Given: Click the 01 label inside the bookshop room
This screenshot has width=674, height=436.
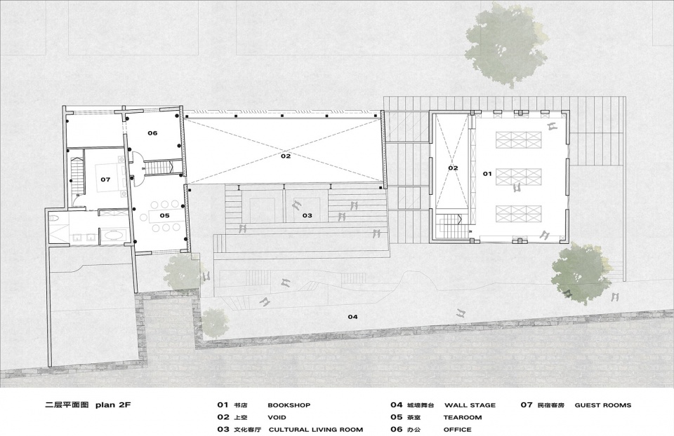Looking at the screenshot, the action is pos(487,174).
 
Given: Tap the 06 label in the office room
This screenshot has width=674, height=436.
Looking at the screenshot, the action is pos(152,133).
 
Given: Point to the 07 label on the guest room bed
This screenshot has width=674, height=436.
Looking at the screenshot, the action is pos(105,179).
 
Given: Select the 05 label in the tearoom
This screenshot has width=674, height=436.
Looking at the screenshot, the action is pos(164,215).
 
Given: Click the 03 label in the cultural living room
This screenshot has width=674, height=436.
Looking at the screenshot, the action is pos(307,215).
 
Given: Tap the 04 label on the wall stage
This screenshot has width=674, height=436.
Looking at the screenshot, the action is pos(352,317).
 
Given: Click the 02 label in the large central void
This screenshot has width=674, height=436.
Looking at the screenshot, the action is pos(286,156).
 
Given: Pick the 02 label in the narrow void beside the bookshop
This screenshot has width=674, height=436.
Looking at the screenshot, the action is pos(453,168).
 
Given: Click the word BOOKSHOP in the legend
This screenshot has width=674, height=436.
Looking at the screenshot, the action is pos(289,404).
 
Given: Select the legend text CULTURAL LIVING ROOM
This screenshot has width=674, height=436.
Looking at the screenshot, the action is pos(316,429).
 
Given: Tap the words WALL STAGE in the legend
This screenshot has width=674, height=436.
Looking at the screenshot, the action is pos(470,404).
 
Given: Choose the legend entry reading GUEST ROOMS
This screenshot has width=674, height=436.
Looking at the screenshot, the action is pos(603,404).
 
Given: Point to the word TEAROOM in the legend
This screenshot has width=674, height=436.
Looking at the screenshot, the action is pos(463,417).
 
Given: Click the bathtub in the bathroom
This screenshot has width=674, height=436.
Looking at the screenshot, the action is pos(112,235).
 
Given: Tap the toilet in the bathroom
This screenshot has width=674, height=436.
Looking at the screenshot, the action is pos(53,219).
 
